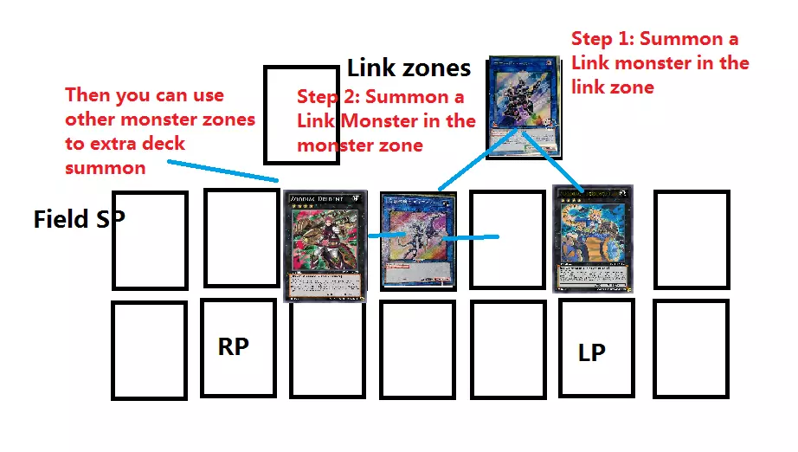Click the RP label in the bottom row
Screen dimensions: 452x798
233,346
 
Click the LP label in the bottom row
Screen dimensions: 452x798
592,352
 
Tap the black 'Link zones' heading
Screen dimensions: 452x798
409,68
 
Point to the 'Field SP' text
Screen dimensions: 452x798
79,219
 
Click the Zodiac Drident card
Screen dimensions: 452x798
325,248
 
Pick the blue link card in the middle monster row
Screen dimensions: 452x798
417,242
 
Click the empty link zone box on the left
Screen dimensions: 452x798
301,114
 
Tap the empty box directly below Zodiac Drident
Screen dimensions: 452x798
326,348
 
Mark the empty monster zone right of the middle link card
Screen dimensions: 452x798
507,239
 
